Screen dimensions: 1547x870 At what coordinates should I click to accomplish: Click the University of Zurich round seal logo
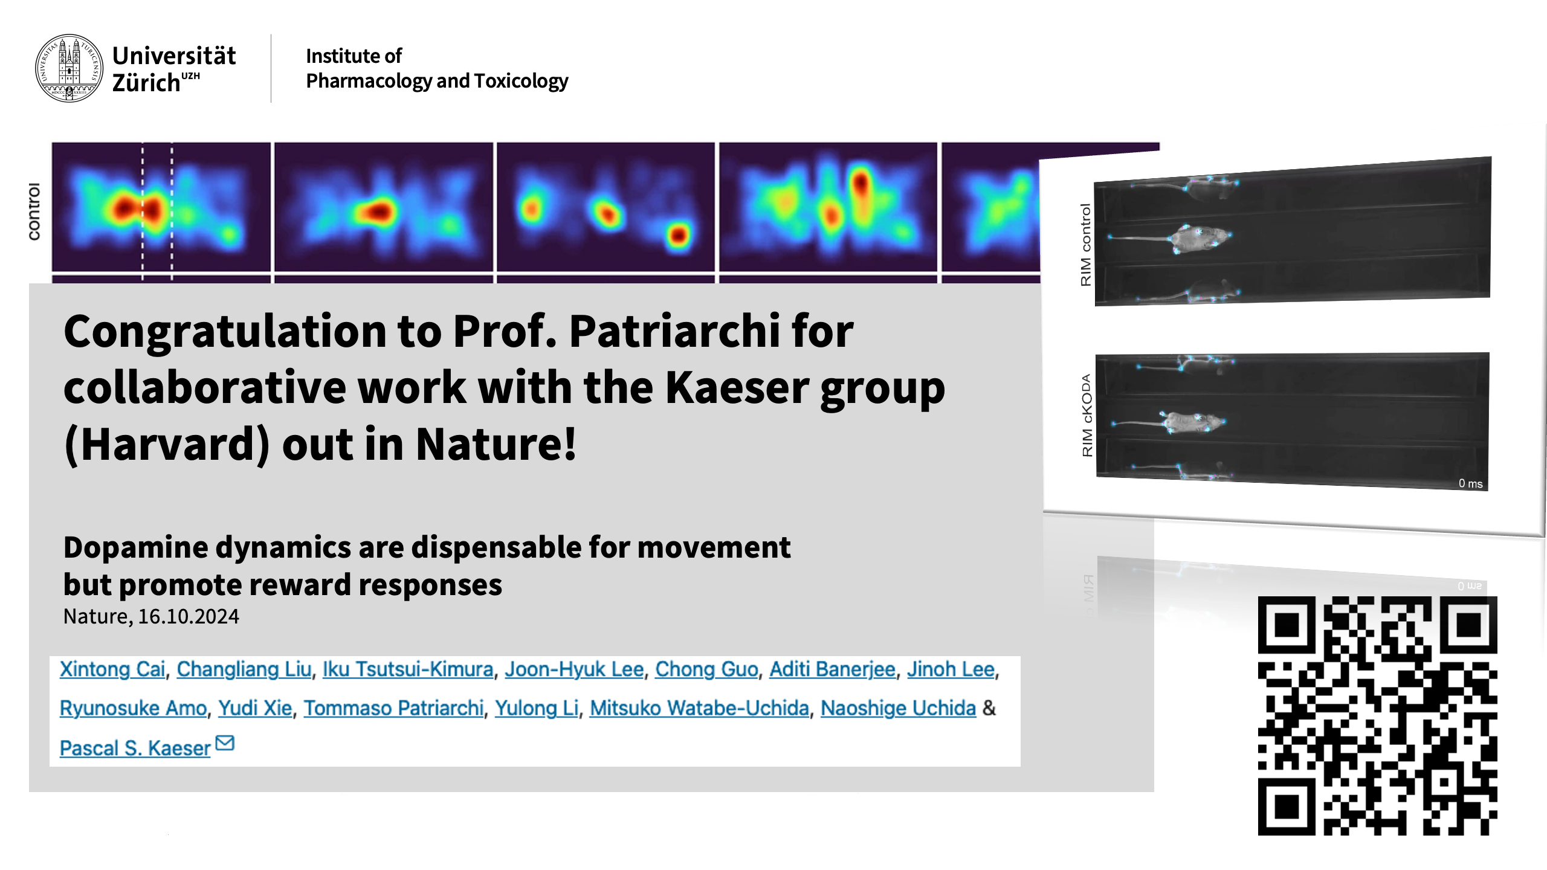pyautogui.click(x=69, y=68)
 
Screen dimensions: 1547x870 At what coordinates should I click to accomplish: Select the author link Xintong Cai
pyautogui.click(x=112, y=669)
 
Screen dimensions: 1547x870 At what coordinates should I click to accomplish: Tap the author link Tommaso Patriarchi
pyautogui.click(x=393, y=708)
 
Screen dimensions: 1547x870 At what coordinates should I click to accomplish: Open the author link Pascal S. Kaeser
pyautogui.click(x=135, y=748)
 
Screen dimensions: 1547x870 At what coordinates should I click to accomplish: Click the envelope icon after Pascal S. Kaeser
pyautogui.click(x=225, y=743)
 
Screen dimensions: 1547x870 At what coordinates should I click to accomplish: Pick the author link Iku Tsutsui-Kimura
pyautogui.click(x=408, y=669)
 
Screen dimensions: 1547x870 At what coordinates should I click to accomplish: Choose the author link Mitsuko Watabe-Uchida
pyautogui.click(x=699, y=708)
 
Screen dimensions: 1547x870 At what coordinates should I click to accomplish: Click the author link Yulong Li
pyautogui.click(x=537, y=708)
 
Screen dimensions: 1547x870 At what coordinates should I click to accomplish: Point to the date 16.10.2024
pyautogui.click(x=189, y=616)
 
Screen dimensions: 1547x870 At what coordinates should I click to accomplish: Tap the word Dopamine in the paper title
pyautogui.click(x=136, y=547)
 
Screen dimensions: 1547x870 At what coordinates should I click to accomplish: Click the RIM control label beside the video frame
pyautogui.click(x=1086, y=245)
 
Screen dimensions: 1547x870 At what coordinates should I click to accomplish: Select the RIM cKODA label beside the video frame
pyautogui.click(x=1087, y=416)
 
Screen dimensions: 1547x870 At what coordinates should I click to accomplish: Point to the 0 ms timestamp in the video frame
pyautogui.click(x=1470, y=483)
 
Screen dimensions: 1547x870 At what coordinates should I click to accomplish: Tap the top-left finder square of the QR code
pyautogui.click(x=1287, y=625)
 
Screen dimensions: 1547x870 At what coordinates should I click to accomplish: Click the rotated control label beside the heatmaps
pyautogui.click(x=34, y=211)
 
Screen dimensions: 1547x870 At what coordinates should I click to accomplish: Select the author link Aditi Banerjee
pyautogui.click(x=832, y=669)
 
